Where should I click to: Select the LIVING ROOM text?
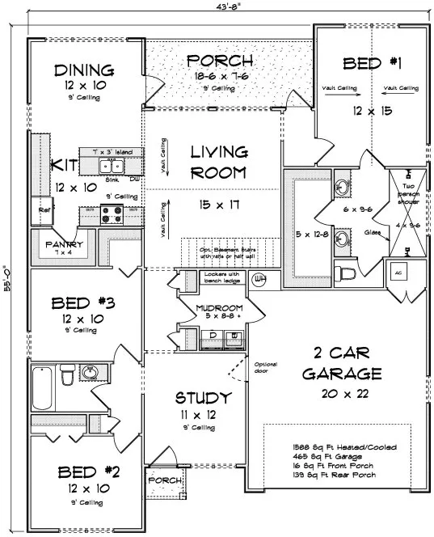(x=219, y=161)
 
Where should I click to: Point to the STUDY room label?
(x=204, y=397)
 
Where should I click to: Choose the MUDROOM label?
(x=219, y=308)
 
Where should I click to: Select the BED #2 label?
(x=83, y=471)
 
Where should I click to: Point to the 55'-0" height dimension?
(x=7, y=279)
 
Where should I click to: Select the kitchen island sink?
(x=112, y=166)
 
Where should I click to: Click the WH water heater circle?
(x=259, y=280)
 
